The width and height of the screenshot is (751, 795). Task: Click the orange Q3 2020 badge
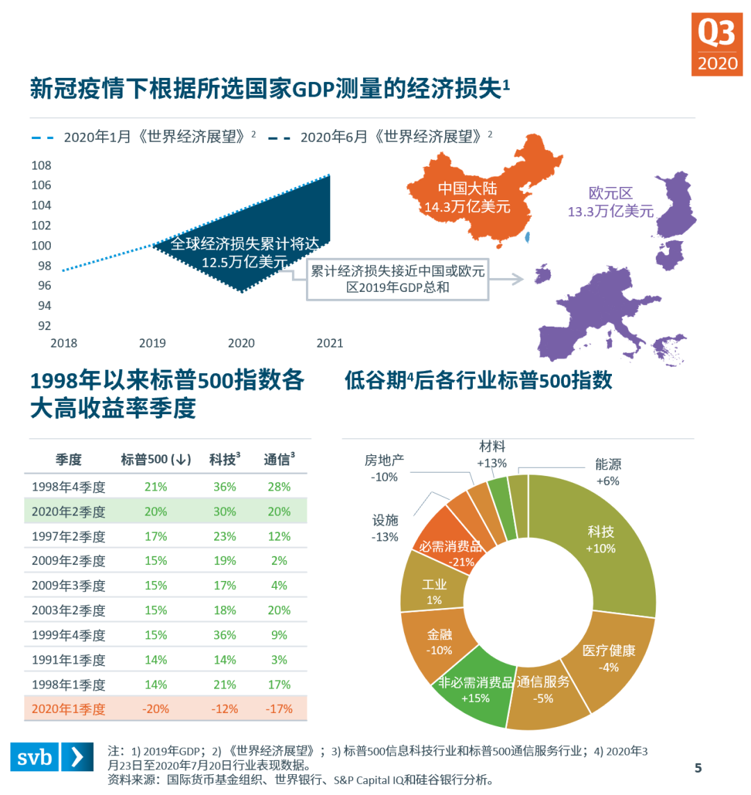click(717, 44)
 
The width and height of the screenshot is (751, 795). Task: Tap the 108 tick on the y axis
click(42, 165)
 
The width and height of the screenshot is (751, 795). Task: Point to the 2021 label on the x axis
click(330, 343)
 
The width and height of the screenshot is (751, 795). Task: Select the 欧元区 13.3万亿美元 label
click(611, 202)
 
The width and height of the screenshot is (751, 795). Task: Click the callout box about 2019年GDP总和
click(397, 279)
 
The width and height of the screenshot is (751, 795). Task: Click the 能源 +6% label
click(608, 472)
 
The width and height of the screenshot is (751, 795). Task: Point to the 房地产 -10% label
click(384, 468)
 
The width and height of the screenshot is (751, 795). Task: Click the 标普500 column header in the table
click(156, 459)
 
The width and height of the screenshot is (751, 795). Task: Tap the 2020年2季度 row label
click(68, 512)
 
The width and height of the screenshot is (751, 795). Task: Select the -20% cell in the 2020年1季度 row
click(156, 710)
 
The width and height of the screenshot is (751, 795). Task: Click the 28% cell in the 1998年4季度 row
click(279, 487)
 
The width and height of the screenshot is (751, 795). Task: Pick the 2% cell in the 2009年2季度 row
click(279, 561)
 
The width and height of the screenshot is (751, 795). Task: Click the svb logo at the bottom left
click(52, 757)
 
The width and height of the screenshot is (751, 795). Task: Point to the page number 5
click(698, 768)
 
